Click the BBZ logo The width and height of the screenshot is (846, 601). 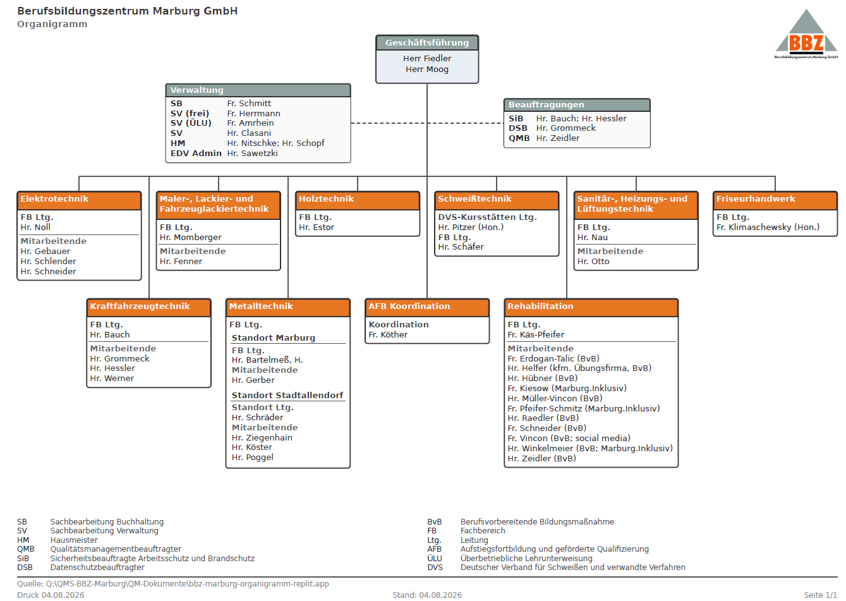(806, 34)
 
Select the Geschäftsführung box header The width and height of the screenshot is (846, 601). (426, 43)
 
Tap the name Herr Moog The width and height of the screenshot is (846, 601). (426, 69)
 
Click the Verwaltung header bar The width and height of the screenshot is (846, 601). (258, 90)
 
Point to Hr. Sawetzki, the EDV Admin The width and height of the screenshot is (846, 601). (252, 153)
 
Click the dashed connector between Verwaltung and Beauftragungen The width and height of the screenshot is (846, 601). (427, 123)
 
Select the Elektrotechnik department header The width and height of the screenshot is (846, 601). (80, 200)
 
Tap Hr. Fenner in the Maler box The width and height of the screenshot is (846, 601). (181, 261)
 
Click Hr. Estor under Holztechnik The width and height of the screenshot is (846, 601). (317, 227)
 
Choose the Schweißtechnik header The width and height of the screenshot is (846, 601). (497, 200)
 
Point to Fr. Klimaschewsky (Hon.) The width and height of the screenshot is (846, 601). (768, 227)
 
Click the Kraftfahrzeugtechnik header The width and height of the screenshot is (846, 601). (149, 308)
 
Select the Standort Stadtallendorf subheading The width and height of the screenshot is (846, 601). (287, 395)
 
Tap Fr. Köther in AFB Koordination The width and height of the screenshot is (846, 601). (388, 334)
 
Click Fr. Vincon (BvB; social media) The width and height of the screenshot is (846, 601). (569, 438)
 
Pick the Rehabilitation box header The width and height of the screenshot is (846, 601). (591, 308)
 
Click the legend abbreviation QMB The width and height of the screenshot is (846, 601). (26, 549)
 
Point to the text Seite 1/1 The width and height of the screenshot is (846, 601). (820, 595)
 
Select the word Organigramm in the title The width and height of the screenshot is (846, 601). (52, 24)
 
